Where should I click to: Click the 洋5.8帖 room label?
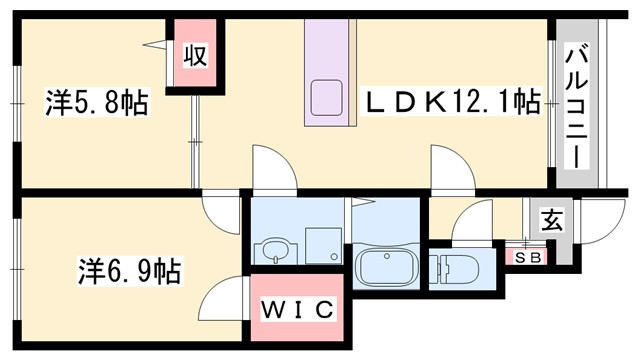click(96, 104)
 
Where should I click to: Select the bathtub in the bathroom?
click(385, 267)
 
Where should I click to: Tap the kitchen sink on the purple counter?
click(326, 98)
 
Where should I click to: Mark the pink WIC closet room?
click(298, 310)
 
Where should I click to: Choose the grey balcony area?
click(578, 150)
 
